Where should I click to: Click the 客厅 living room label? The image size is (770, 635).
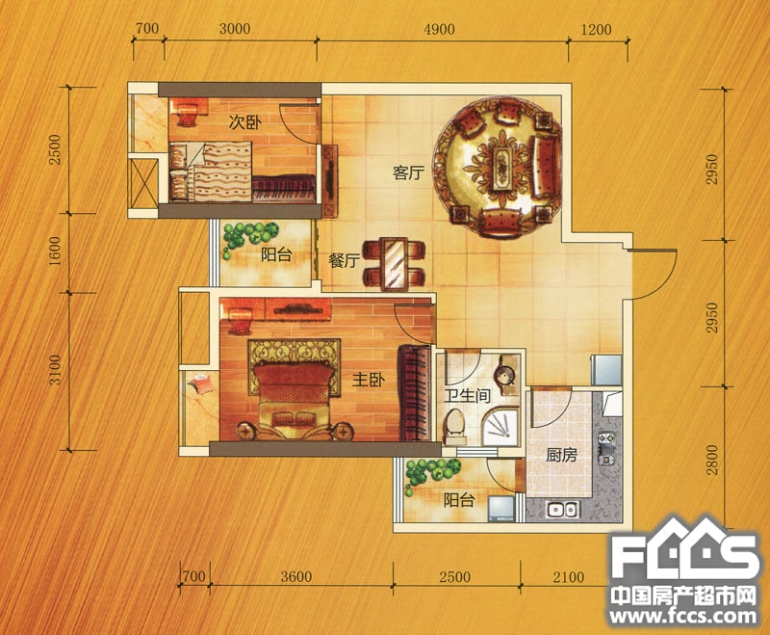408,173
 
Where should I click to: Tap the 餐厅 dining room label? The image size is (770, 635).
345,260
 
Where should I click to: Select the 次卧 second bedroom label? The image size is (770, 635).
245,123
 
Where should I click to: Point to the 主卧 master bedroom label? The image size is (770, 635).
369,380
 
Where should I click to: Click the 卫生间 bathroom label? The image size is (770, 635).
468,396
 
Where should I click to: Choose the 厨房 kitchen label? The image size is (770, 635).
561,455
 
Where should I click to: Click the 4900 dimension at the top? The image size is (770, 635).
440,29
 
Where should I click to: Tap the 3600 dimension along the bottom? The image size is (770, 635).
296,576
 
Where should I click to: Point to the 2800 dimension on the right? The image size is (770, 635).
711,460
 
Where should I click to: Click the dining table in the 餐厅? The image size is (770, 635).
395,263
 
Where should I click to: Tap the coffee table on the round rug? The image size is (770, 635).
502,168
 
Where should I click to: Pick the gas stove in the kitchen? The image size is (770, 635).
606,448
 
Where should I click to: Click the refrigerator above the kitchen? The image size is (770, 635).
606,370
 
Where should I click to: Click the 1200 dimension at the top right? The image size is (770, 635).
596,30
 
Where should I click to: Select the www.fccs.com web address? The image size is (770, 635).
683,617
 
